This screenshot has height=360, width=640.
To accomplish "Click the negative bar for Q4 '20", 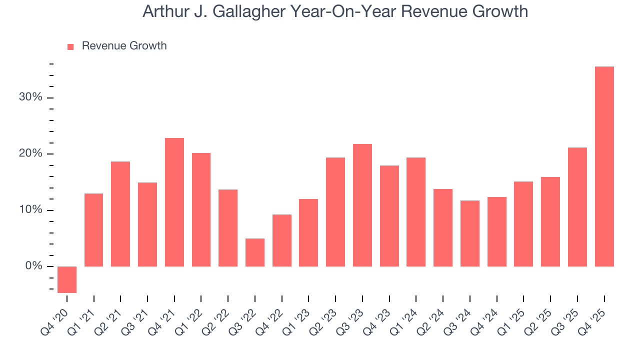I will (67, 279).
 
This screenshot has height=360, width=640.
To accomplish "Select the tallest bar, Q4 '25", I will (604, 166).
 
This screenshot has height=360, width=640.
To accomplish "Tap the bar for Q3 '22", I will (255, 252).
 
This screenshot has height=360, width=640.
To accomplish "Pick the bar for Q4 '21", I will (174, 202).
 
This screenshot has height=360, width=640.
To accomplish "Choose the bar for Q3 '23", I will (362, 205).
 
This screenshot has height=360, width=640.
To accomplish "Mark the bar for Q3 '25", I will (577, 207).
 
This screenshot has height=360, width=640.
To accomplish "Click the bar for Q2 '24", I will (443, 227).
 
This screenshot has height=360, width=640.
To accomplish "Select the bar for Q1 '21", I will (94, 230).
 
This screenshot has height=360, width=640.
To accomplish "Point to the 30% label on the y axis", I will (30, 97).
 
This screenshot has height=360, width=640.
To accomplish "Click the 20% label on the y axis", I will (30, 153).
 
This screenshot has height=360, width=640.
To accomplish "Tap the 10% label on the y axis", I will (30, 210).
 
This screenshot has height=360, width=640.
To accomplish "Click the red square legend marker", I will (70, 46).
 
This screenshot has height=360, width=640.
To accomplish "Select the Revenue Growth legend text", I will (124, 46).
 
